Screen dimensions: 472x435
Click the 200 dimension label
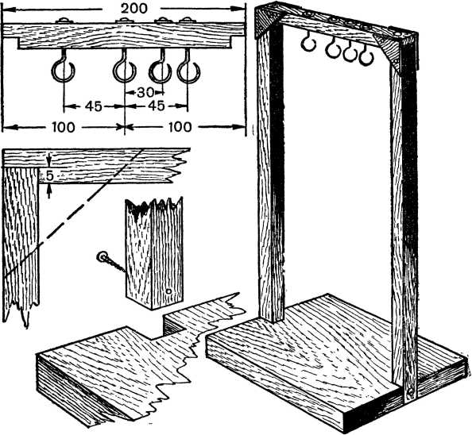[x=134, y=9]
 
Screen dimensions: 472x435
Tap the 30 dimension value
[x=145, y=93]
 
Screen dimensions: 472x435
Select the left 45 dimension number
[x=93, y=106]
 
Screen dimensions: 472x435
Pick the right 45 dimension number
[x=157, y=106]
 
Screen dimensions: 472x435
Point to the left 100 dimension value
[x=64, y=128]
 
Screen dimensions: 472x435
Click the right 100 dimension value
[x=180, y=127]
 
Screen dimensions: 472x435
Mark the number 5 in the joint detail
[x=50, y=176]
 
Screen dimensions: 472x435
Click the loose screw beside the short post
[x=110, y=263]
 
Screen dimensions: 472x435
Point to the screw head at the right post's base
[x=410, y=391]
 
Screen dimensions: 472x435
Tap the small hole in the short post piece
[x=169, y=291]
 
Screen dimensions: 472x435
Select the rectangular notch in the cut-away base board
[x=173, y=325]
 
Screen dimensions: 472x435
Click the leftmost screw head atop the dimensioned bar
[x=64, y=21]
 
